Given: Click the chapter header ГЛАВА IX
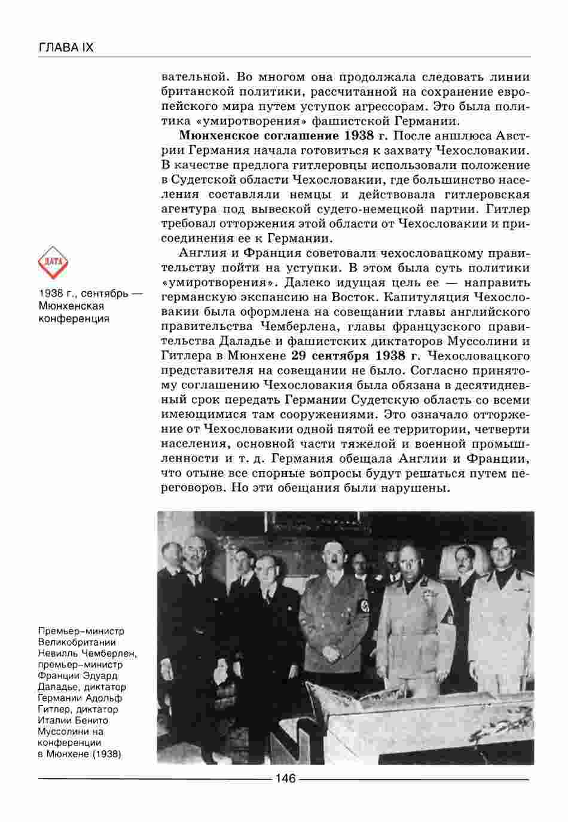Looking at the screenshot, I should click(x=66, y=47).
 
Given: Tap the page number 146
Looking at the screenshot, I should click(x=284, y=778).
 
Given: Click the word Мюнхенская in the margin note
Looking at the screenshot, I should click(x=71, y=305).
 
